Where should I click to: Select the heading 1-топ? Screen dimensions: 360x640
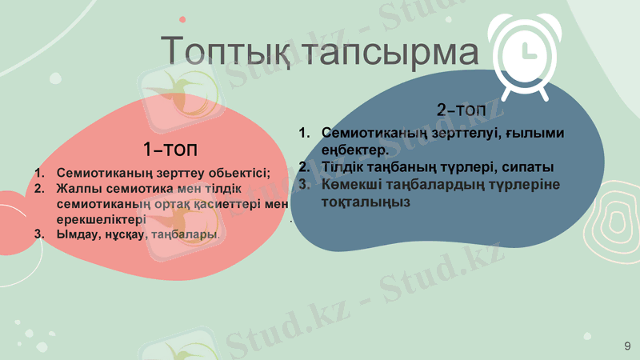click(x=170, y=150)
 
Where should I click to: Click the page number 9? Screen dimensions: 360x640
click(x=627, y=345)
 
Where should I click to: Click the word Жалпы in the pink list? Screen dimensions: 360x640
click(x=77, y=189)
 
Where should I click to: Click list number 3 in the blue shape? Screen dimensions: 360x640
click(x=304, y=185)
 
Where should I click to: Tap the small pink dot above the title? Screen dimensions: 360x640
click(x=182, y=18)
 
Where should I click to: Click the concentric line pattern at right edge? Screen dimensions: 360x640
click(x=613, y=228)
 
